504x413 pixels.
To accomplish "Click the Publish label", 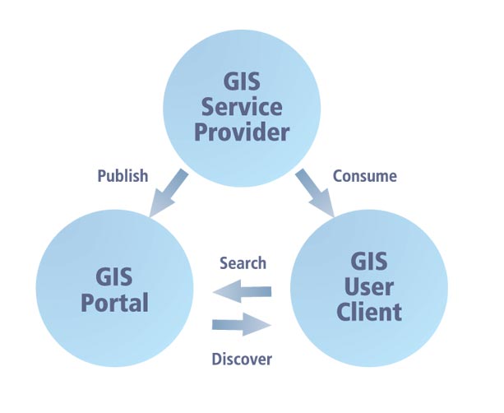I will pos(123,175).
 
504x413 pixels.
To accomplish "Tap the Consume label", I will pos(364,175).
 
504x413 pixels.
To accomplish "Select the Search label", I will pos(243,263).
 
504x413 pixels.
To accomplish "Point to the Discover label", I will pos(242,359).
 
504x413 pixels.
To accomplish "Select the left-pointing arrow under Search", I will pos(242,290).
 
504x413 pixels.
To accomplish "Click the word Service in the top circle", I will pos(243,107).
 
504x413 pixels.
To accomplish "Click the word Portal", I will pos(115,302).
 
